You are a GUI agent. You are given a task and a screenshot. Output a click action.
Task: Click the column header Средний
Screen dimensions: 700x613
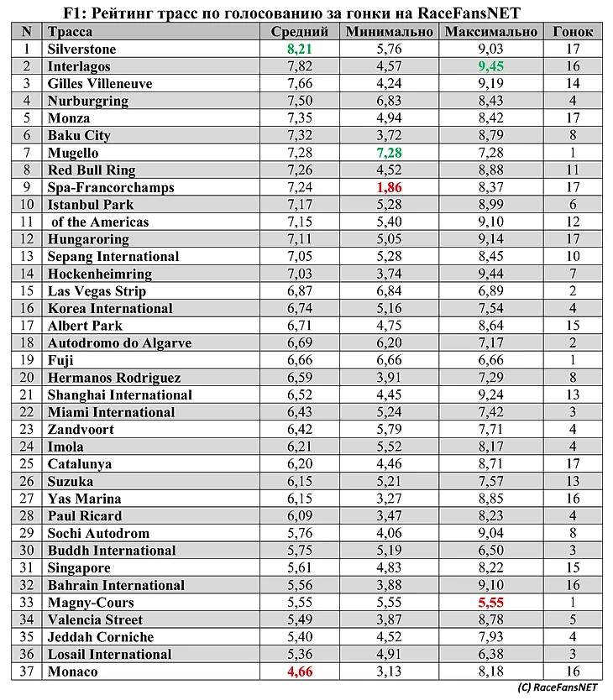[x=293, y=32]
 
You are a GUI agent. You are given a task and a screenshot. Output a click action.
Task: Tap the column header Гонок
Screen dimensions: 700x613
[x=573, y=32]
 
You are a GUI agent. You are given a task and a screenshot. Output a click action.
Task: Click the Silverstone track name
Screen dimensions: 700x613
[x=82, y=50]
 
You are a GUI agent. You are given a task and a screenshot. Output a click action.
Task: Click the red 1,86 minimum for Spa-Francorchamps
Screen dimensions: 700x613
[x=389, y=187]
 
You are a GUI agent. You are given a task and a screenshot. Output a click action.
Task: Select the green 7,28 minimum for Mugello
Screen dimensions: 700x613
[x=389, y=153]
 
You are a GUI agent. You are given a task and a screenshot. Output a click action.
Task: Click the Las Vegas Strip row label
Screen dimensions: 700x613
[x=97, y=291]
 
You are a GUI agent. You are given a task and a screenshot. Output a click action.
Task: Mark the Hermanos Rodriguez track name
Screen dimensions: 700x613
[x=114, y=378]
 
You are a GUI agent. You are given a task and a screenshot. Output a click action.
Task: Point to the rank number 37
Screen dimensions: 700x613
[x=27, y=671]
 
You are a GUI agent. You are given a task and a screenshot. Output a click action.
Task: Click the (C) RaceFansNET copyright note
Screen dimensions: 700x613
[x=558, y=687]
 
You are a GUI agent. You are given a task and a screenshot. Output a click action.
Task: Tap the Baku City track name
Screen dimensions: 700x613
[x=79, y=135]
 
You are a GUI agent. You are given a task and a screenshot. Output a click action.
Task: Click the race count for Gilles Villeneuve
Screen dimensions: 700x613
[x=573, y=84]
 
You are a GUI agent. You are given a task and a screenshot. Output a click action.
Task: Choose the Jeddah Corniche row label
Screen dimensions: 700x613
[x=101, y=637]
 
